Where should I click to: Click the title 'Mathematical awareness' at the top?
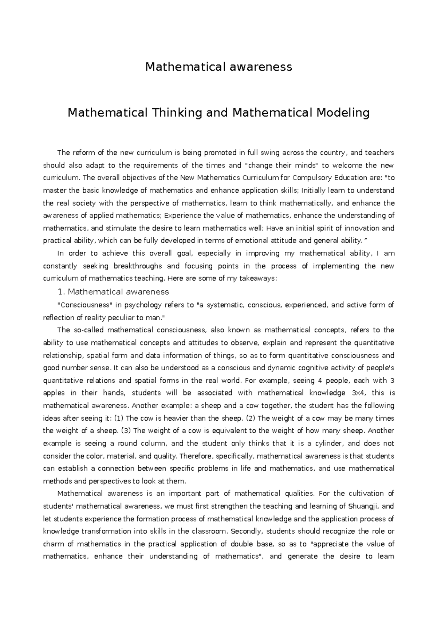coord(219,67)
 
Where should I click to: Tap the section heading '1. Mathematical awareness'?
coord(113,292)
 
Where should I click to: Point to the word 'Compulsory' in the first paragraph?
coord(307,178)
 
